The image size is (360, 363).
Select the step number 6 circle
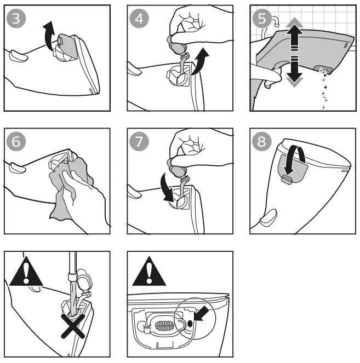point(16,142)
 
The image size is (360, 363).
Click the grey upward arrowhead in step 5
point(294,24)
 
